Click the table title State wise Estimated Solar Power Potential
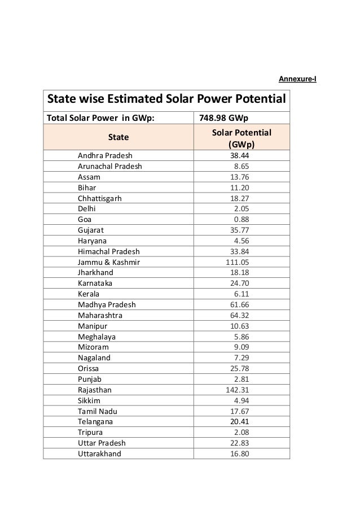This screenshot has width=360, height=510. [166, 100]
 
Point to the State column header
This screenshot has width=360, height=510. [118, 137]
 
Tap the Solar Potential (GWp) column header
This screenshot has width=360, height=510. [241, 138]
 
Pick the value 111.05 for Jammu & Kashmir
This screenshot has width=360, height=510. [238, 262]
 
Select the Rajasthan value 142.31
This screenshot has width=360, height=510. [238, 390]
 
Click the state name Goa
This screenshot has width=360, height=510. [85, 219]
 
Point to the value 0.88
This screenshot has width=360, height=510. [242, 219]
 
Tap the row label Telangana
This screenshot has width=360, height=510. [95, 421]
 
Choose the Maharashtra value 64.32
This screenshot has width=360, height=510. [239, 315]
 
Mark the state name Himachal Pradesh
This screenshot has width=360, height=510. [109, 251]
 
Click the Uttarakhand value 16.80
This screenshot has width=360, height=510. [239, 454]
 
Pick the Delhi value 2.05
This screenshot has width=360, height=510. [242, 208]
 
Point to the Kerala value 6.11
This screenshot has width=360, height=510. [242, 294]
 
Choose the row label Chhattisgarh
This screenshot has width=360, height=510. [99, 198]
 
